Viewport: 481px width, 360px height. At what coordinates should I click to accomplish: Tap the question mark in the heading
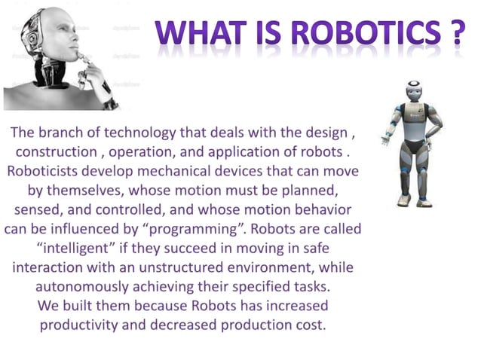(x=454, y=35)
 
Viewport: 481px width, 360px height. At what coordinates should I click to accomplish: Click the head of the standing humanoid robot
(x=414, y=93)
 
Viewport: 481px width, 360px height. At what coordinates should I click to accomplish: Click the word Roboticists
(x=46, y=170)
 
